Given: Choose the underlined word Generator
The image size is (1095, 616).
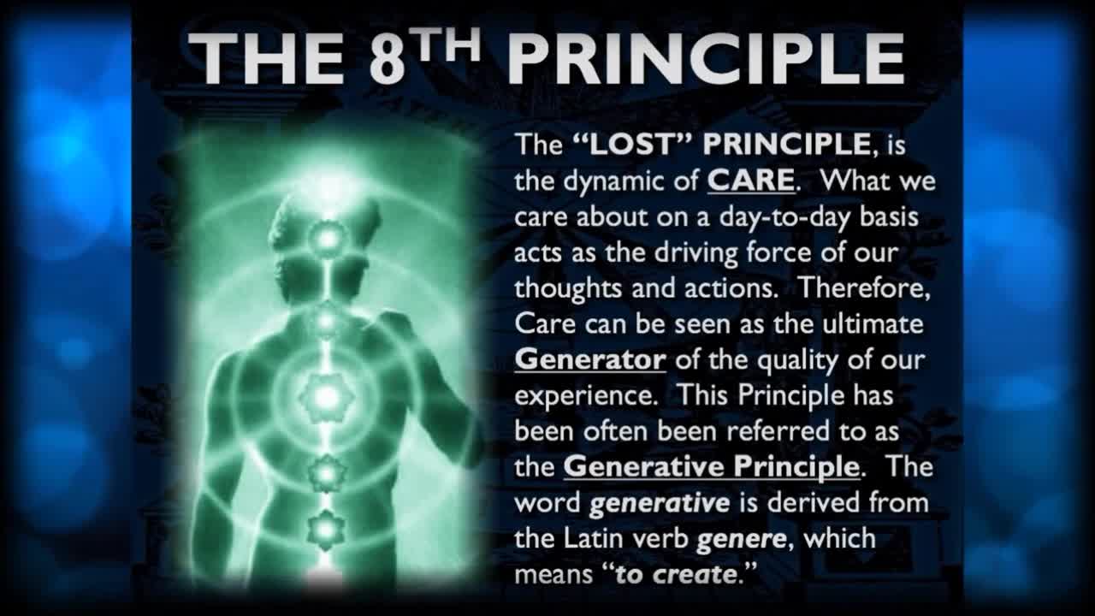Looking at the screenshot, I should pos(589,359).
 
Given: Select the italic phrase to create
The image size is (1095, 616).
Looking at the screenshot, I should pos(676,574).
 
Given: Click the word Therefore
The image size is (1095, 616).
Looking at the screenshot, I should pos(864,288).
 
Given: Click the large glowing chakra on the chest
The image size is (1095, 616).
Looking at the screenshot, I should pos(326,395).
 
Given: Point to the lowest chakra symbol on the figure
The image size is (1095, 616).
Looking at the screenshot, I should pos(326,528).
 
